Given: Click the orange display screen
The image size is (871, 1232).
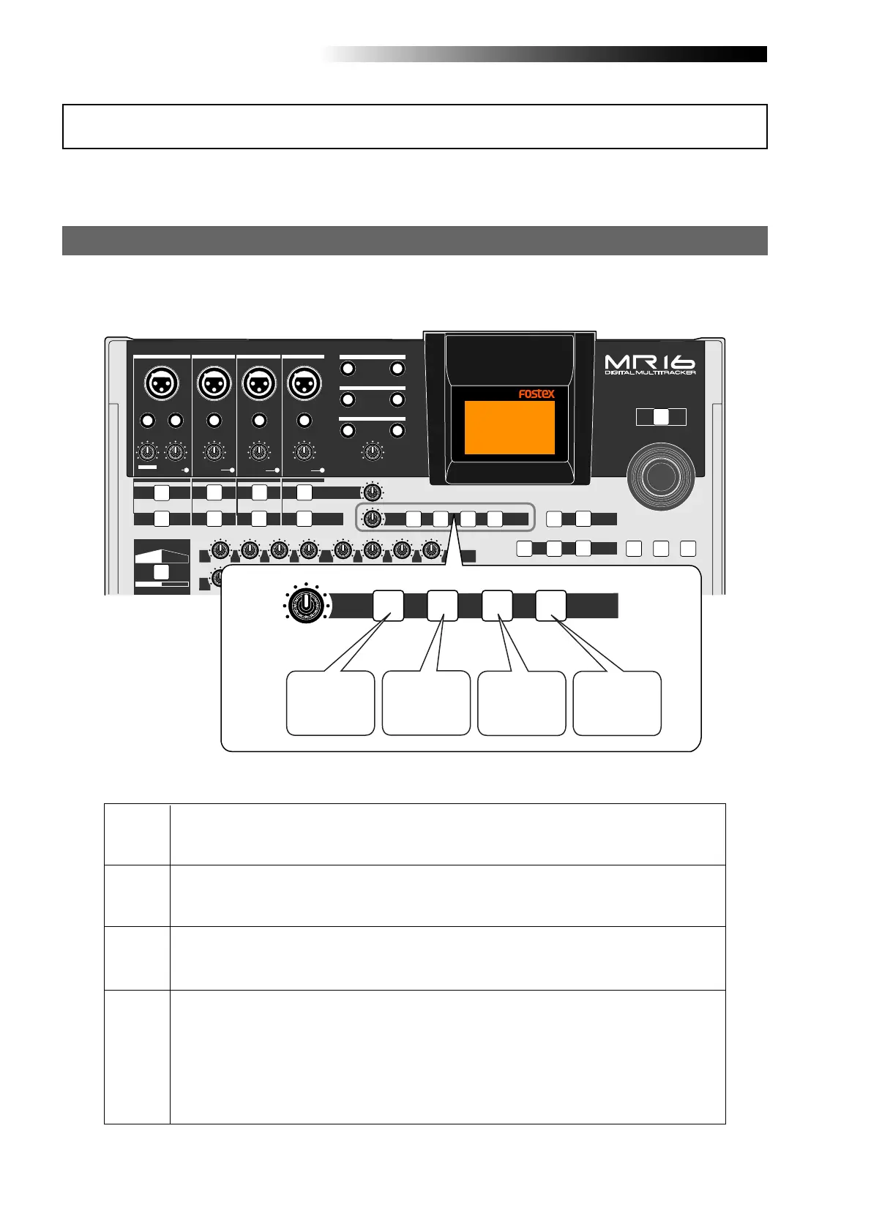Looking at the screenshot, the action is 509,427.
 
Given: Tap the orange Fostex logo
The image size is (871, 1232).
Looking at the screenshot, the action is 537,394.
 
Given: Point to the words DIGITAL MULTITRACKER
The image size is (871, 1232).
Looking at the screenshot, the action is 650,373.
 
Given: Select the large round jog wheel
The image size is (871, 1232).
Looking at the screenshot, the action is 661,476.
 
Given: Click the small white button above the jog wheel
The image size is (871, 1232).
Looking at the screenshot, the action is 661,416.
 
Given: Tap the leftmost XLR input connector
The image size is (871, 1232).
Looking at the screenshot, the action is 161,383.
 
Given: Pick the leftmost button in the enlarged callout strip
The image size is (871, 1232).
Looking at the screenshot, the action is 388,606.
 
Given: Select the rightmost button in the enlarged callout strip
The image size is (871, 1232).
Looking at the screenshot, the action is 550,606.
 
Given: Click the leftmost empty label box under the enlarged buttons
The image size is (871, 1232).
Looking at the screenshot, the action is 330,702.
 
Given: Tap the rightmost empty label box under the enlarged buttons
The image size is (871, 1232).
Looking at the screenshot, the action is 617,702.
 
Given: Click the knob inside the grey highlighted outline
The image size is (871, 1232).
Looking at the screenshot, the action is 373,519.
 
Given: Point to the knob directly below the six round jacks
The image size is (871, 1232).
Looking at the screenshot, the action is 373,452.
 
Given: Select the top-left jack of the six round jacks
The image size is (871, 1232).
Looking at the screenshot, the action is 348,368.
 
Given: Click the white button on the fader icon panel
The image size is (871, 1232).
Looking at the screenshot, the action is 162,571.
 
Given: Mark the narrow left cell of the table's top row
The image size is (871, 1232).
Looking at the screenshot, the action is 137,834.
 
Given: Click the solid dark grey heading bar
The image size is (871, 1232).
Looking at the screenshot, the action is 414,240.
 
